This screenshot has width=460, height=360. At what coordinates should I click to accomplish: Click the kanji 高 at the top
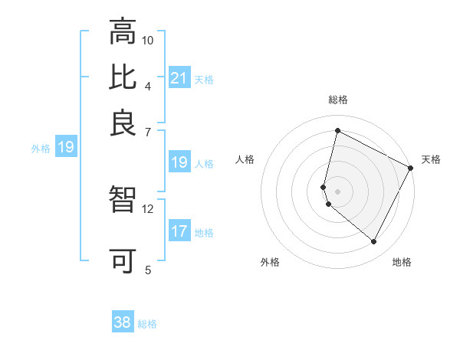tap(123, 32)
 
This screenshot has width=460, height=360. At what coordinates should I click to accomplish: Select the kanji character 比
tap(123, 77)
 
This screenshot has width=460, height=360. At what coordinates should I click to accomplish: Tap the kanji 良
tap(123, 123)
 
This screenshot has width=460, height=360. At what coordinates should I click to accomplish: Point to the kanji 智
tap(123, 201)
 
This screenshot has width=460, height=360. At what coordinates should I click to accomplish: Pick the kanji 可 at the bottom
tap(123, 261)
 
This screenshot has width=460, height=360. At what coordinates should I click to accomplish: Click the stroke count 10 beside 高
tap(148, 40)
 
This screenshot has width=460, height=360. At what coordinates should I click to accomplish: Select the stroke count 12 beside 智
tap(148, 208)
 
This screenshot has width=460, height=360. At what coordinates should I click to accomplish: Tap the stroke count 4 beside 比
tap(148, 85)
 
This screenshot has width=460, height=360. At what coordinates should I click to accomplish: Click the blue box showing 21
tap(179, 78)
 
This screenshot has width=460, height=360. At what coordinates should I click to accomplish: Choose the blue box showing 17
tap(179, 231)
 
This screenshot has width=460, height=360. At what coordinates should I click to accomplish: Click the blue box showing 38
tap(123, 322)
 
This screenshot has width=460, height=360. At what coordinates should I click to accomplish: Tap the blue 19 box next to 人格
tap(179, 162)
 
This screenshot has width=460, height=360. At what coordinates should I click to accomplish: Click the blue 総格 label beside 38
tap(147, 324)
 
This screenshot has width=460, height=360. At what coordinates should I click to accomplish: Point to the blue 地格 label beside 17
tap(204, 233)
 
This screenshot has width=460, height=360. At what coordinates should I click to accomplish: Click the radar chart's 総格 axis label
tap(338, 100)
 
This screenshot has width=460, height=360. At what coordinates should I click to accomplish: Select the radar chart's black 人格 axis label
tap(245, 159)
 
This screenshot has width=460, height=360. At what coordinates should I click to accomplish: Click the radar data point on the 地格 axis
tap(374, 242)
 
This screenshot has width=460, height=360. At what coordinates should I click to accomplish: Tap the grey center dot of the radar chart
tap(338, 191)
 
